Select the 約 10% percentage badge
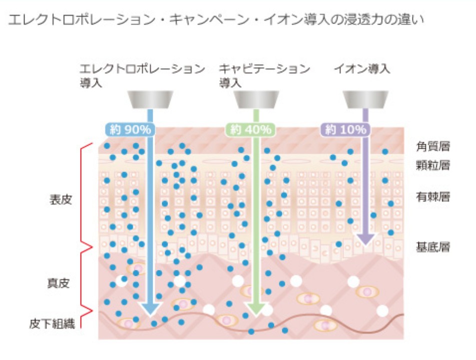coord(345,130)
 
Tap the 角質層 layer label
coord(433,147)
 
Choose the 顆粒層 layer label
coord(433,165)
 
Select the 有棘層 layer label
coord(433,196)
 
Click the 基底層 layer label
coord(433,247)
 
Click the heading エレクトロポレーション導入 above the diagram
coord(142,75)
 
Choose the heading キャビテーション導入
coord(264,75)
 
